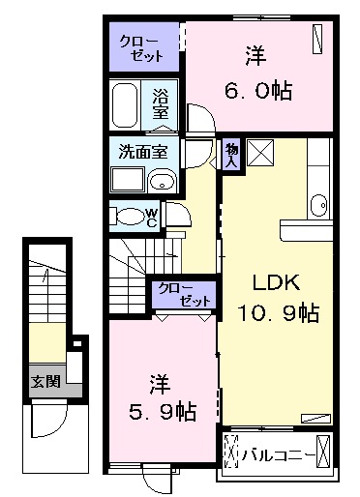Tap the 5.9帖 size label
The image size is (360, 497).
(161, 412)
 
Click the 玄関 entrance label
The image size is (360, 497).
(43, 379)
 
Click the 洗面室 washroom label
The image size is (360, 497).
(143, 152)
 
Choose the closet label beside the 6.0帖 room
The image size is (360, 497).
(141, 49)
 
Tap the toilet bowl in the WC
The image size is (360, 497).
(127, 216)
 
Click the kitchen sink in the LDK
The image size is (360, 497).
(319, 204)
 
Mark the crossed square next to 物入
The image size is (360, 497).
(259, 154)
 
